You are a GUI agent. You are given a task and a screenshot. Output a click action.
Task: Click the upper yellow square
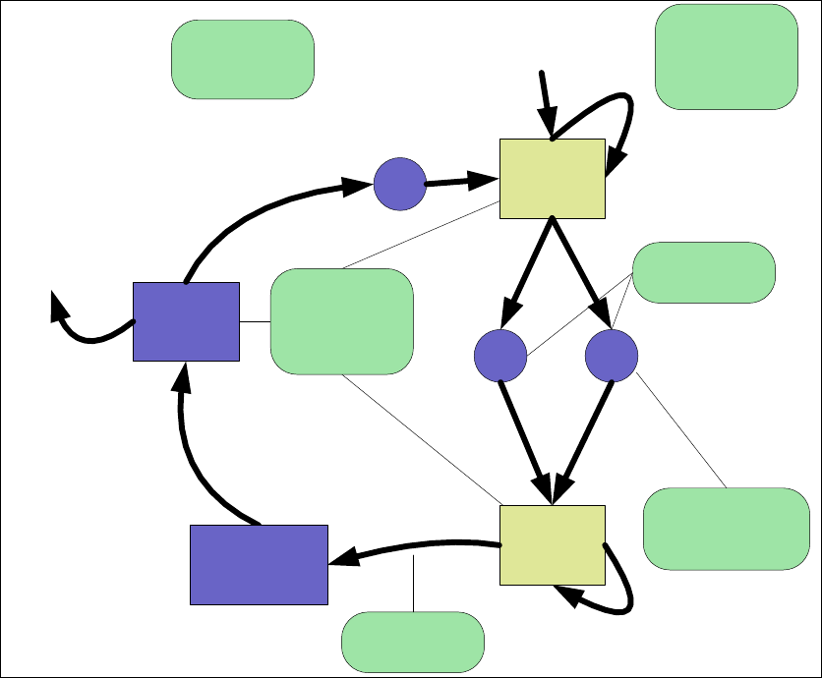point(552,178)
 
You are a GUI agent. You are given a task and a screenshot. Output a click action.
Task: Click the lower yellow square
point(552,545)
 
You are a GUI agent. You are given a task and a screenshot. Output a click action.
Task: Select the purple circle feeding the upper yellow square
point(399,184)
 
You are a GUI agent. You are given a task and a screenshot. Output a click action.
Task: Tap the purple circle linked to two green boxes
point(611,356)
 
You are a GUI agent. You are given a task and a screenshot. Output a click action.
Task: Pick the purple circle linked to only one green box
point(500,356)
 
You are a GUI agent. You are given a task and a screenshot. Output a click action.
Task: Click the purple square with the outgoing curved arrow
point(186,321)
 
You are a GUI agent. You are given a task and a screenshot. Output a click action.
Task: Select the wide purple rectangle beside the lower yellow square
point(258,564)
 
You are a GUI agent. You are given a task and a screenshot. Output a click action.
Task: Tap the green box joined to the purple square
point(340,321)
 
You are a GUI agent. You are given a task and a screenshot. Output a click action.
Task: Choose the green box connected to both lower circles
point(703,271)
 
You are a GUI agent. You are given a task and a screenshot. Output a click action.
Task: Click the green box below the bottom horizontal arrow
point(412,640)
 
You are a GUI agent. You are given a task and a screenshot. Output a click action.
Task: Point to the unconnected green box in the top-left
point(243,59)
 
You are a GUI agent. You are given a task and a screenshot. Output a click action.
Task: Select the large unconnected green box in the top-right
point(726,56)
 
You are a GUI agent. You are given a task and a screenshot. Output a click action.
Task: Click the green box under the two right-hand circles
point(727,529)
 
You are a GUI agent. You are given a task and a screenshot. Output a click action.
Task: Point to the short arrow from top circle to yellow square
point(462,181)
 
